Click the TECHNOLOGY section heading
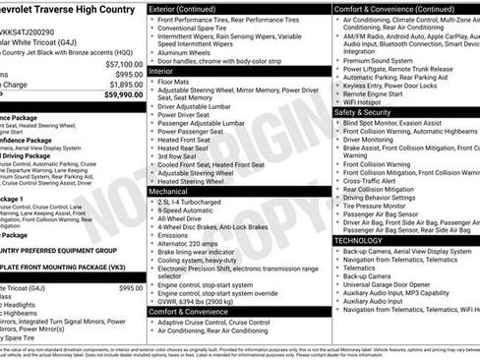point(358,240)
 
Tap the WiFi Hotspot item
point(363,100)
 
